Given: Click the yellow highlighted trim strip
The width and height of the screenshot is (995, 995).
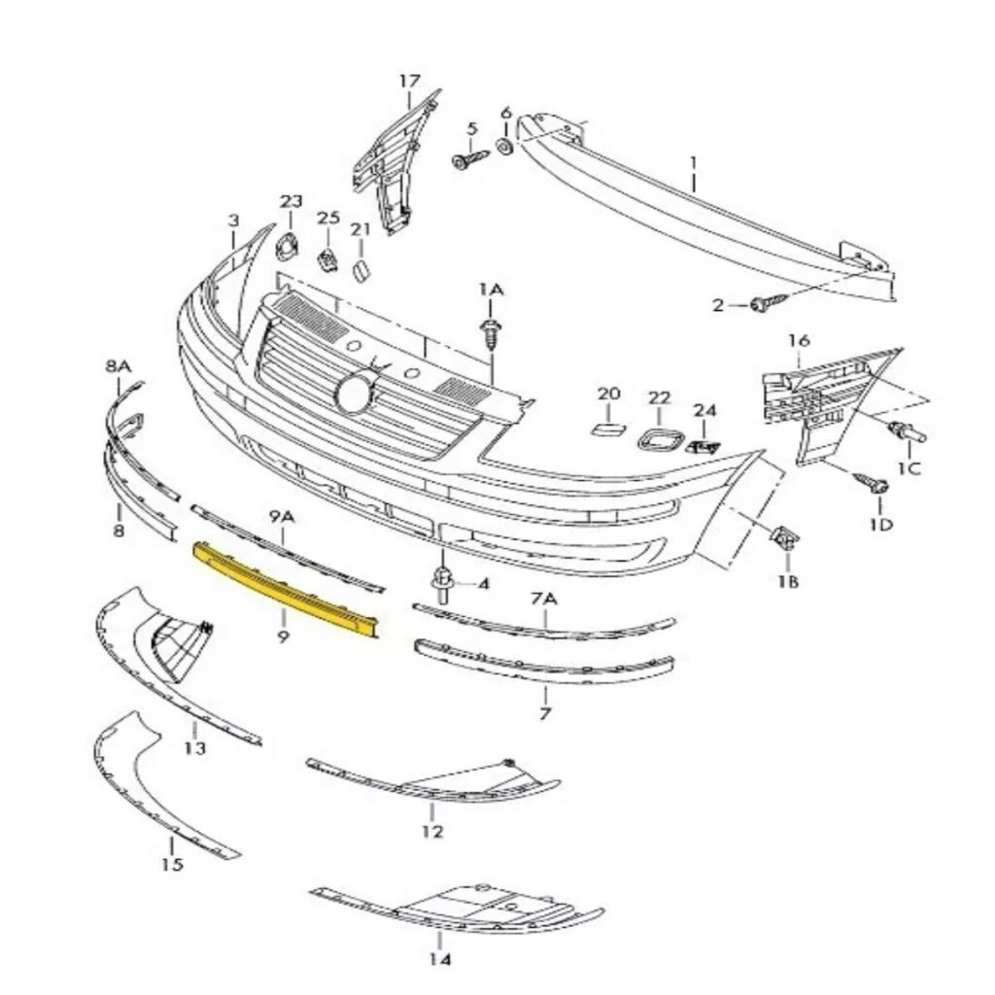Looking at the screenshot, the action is [287, 589].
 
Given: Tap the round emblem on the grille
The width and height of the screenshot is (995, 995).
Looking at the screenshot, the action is [355, 395].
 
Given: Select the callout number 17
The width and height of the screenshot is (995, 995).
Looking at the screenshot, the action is [410, 82].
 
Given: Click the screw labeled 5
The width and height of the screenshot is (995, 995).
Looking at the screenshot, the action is [469, 158].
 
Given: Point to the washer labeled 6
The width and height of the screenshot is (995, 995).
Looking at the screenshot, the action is [505, 147].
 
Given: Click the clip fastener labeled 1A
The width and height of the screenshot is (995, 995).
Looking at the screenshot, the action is [491, 334].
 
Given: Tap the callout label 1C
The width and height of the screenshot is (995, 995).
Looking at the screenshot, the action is [909, 469].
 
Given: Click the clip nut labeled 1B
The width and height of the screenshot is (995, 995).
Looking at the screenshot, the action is [784, 538].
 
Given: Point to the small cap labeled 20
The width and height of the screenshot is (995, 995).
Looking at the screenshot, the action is [608, 429].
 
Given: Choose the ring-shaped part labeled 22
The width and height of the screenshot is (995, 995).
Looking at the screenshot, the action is [660, 439].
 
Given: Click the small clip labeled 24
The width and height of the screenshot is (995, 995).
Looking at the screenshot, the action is [703, 447].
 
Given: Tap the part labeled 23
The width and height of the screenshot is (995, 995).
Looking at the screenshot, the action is [289, 246].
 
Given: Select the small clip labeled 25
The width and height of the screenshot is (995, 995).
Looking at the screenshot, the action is [327, 259].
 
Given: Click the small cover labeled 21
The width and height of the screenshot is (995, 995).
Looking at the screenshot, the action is [360, 270].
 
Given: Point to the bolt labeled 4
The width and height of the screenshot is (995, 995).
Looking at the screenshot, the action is [443, 584].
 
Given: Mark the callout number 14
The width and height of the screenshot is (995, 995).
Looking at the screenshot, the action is [439, 959].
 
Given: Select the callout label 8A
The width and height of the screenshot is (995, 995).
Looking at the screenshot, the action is [118, 366].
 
